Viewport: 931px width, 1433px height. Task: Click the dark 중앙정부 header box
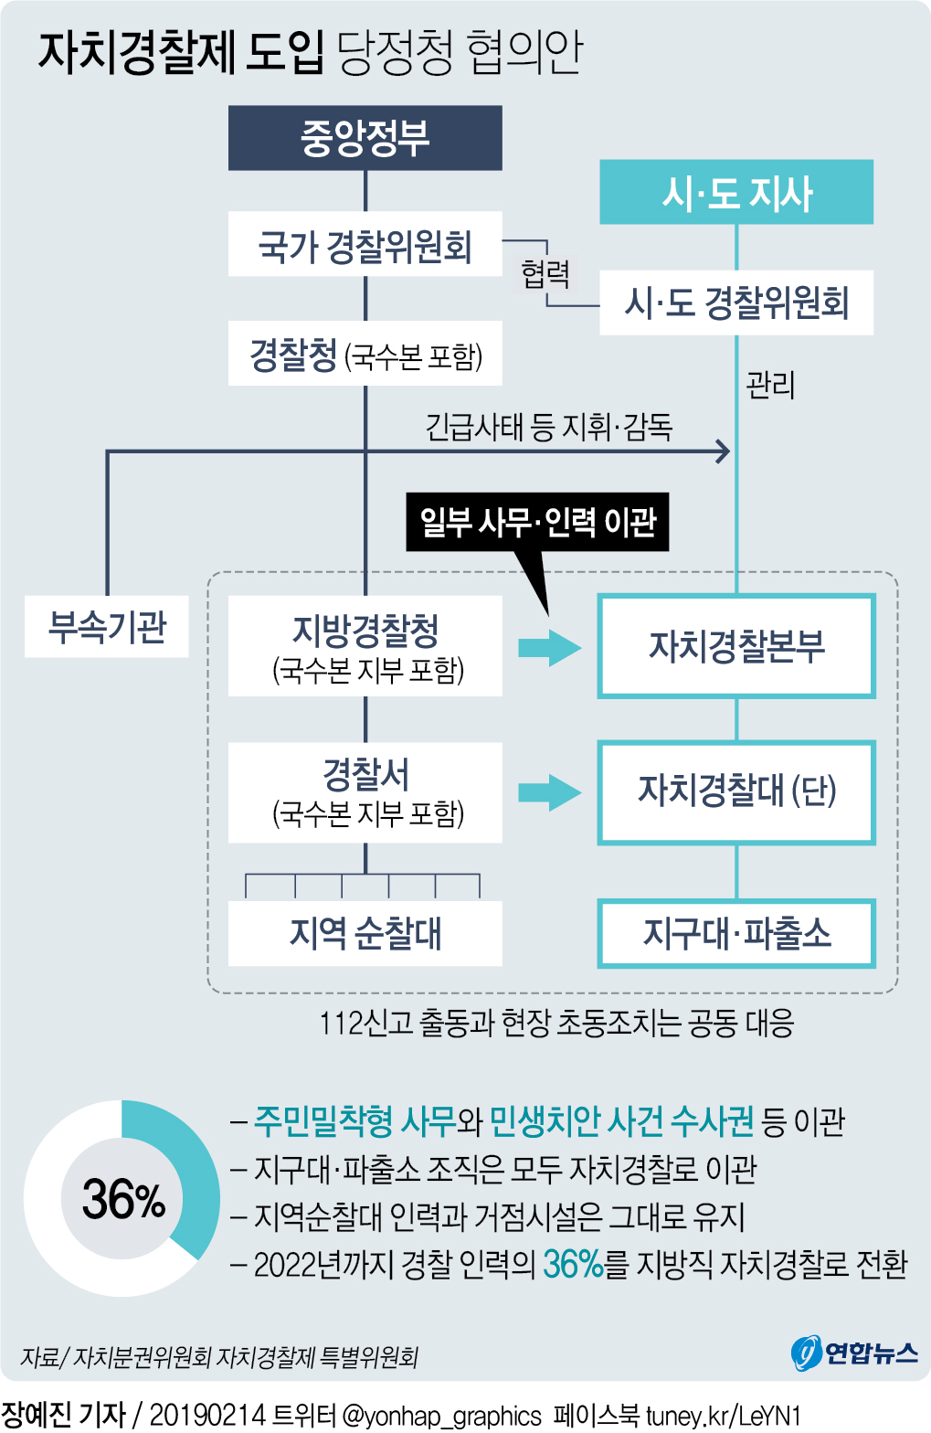[x=365, y=138]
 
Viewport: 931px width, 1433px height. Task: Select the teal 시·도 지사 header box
[x=735, y=192]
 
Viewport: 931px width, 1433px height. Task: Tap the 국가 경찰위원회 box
[x=365, y=245]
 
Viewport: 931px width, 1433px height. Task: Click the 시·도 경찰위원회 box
[x=735, y=303]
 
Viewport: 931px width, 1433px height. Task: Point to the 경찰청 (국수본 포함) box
[x=365, y=354]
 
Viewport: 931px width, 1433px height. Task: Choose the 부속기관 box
[x=106, y=627]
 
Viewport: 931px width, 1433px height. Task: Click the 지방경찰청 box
[x=365, y=646]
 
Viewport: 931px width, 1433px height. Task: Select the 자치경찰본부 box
[x=735, y=646]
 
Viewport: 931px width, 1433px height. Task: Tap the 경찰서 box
[x=365, y=792]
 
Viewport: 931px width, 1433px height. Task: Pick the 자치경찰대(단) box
[x=735, y=791]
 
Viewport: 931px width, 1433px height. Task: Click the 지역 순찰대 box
[x=365, y=933]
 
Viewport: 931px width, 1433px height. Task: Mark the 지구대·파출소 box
[x=735, y=933]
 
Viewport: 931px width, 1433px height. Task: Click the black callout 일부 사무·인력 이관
[x=537, y=522]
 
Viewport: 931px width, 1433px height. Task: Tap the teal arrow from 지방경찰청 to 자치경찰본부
[x=549, y=648]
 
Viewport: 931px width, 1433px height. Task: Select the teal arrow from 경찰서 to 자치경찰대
[x=549, y=792]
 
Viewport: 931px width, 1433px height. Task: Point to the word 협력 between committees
[x=545, y=272]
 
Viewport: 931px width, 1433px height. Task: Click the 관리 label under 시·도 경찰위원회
[x=770, y=385]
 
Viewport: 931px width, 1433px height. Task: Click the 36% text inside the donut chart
[x=122, y=1199]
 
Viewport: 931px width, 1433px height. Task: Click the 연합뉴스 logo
[x=854, y=1353]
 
